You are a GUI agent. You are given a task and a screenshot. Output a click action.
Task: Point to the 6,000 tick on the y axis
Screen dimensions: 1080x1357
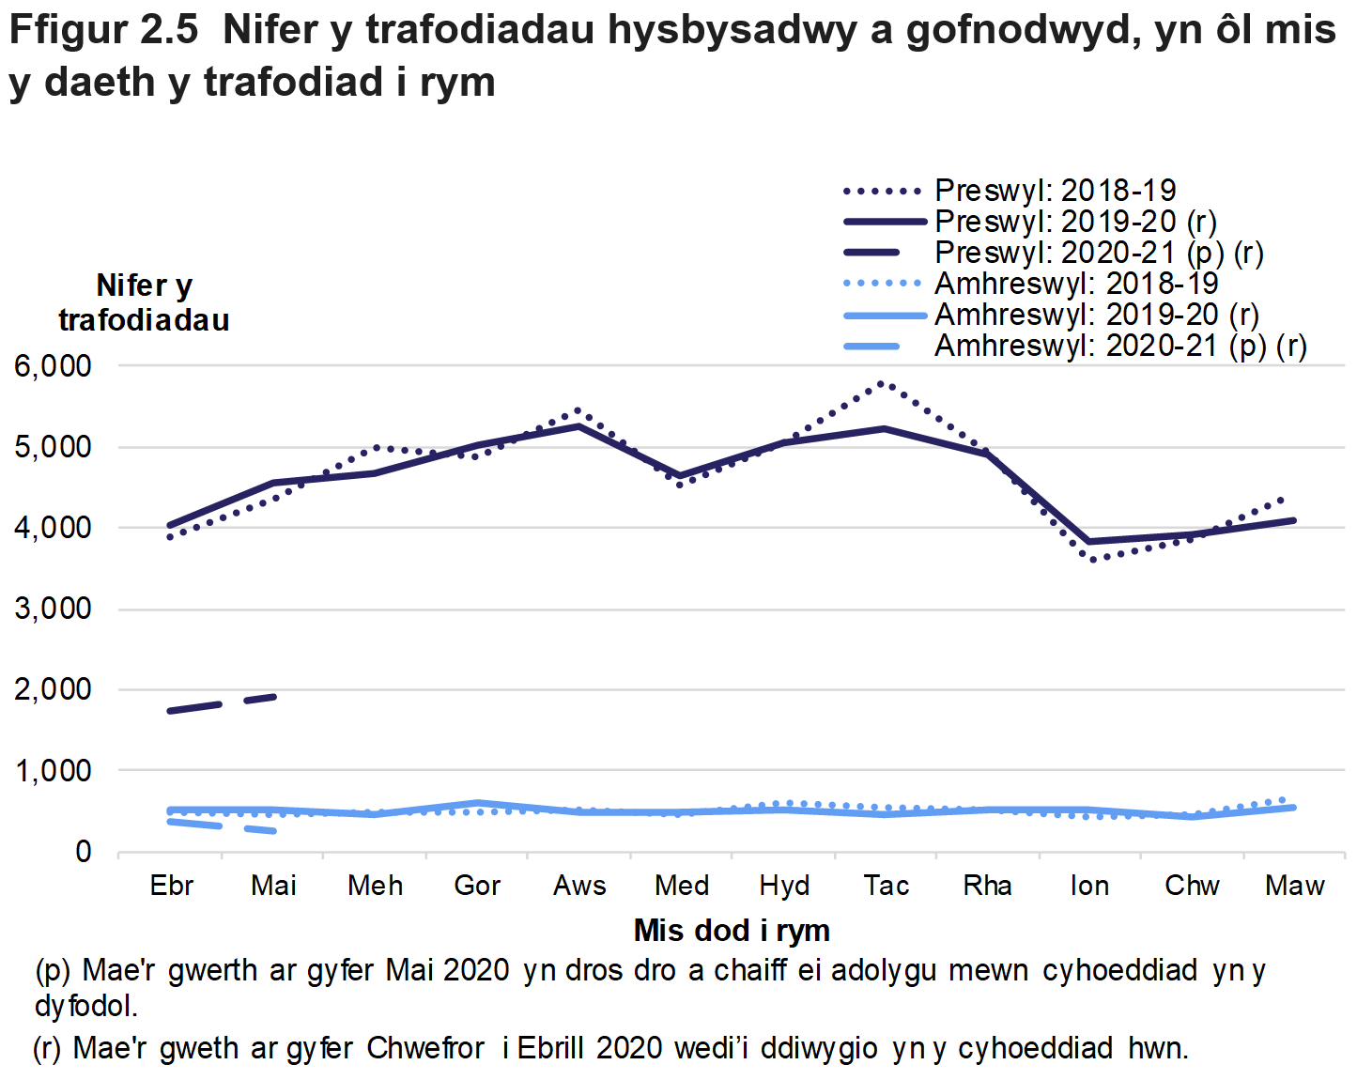[x=53, y=366]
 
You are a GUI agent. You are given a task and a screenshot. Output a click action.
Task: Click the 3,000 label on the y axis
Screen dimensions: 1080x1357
[x=53, y=609]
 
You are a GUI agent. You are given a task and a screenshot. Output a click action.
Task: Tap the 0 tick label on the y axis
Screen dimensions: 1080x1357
[x=84, y=852]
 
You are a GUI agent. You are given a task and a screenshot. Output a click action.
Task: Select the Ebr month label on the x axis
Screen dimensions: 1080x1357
[x=171, y=886]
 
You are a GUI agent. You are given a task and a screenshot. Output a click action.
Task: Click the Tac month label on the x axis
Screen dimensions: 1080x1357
[x=886, y=886]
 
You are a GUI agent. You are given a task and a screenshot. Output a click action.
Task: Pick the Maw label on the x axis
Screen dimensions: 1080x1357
[x=1294, y=886]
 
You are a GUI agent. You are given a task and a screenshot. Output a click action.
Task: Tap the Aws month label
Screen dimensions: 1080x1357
[x=579, y=886]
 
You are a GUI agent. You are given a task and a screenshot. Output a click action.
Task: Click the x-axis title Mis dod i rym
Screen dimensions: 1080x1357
[x=732, y=931]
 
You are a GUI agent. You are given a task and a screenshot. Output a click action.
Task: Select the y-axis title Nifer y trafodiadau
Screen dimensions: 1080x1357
[x=144, y=302]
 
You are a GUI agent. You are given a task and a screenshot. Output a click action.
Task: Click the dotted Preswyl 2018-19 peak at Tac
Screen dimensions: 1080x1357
[x=882, y=383]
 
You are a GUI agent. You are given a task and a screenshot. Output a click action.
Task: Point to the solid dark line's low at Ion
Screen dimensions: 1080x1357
[x=1089, y=542]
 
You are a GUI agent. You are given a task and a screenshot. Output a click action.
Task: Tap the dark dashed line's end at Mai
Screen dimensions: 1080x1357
[x=273, y=697]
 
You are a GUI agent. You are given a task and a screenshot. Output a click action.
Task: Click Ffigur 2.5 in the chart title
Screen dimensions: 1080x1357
[x=103, y=30]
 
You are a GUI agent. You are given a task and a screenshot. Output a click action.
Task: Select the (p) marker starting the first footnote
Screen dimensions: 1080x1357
[x=52, y=970]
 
